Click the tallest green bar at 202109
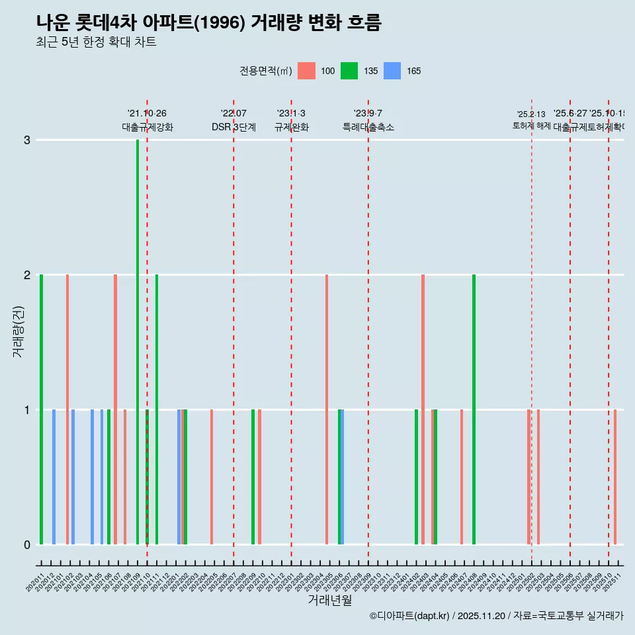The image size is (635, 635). (138, 341)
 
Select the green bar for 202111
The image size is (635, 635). (157, 409)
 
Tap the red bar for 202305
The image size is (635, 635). (327, 409)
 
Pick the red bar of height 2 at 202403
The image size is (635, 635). (423, 409)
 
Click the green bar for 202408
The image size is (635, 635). (474, 409)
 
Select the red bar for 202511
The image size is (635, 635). (615, 476)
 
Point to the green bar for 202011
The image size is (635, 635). (41, 409)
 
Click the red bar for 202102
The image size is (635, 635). (67, 409)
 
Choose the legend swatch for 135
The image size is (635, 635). (349, 71)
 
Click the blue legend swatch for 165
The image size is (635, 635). (392, 71)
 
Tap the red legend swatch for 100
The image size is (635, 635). (306, 71)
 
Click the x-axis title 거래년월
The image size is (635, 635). (329, 600)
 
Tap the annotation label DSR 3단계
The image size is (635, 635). (233, 127)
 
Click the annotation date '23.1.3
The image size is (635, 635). (291, 114)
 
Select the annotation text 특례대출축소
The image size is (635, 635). (368, 127)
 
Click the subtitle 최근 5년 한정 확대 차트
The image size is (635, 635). (96, 42)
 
